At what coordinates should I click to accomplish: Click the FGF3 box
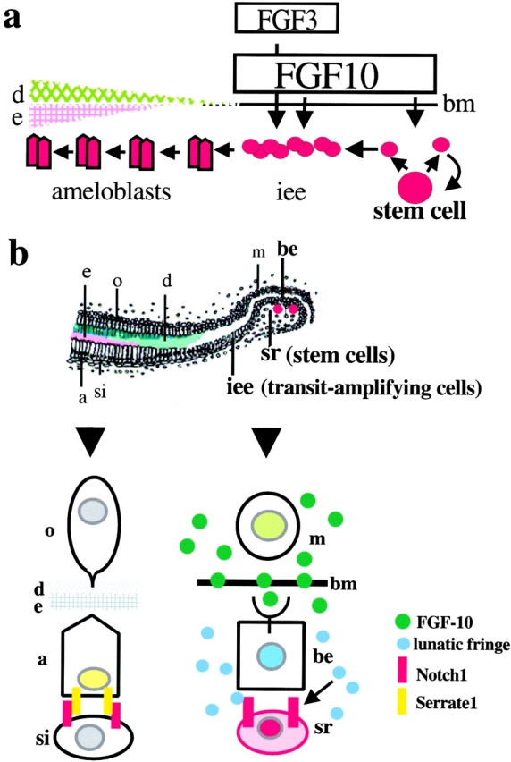(286, 22)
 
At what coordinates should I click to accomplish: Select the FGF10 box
(334, 73)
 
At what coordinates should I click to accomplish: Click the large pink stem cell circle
(415, 188)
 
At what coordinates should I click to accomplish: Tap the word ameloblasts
(112, 192)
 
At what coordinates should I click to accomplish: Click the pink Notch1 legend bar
(402, 673)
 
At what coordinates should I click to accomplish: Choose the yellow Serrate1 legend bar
(402, 702)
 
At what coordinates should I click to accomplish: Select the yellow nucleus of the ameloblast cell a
(94, 678)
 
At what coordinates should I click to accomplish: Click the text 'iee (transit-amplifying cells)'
(355, 388)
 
